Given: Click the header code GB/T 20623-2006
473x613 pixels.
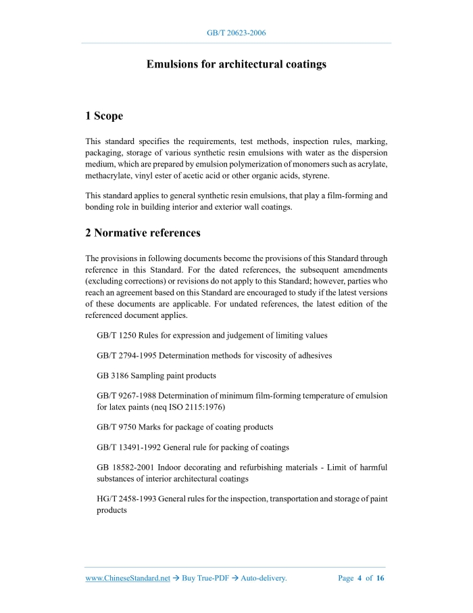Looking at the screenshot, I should coord(236,32).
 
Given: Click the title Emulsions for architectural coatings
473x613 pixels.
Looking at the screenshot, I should coord(236,64).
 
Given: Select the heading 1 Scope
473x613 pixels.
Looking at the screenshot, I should coord(104,116).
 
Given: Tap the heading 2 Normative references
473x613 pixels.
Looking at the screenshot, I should coord(143,233).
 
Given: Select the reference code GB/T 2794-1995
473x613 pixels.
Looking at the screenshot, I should coord(126,355).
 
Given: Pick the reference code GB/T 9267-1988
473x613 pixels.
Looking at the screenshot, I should coord(126,395).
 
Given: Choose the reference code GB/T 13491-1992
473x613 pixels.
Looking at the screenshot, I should coord(128,447).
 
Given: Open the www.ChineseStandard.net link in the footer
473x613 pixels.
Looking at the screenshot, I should coord(128,578).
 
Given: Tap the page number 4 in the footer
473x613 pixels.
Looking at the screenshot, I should coord(359,578).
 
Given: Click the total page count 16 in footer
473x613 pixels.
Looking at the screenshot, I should coord(380,578).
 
